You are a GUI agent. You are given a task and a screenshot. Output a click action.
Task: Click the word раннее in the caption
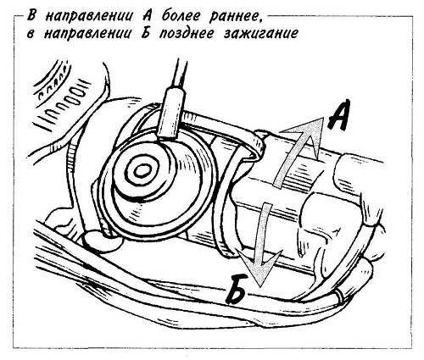coord(234,17)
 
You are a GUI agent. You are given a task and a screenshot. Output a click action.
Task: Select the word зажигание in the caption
coord(260,34)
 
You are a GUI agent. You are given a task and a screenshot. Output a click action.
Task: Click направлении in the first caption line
coord(88,17)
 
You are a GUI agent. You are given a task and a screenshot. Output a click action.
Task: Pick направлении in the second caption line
coord(87,34)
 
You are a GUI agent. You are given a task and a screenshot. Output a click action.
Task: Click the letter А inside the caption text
coord(148,16)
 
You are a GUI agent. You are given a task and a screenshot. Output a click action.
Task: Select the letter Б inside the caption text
coord(146,33)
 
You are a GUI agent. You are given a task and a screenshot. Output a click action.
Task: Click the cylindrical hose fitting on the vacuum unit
coord(170,115)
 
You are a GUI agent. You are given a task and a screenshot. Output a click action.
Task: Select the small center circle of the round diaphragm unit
coord(140,171)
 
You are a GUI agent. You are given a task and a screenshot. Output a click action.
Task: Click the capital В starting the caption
coord(31,16)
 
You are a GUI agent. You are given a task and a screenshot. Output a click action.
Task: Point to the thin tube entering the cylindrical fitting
coord(180,74)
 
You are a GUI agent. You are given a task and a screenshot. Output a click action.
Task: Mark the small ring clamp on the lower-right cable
coord(340,297)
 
